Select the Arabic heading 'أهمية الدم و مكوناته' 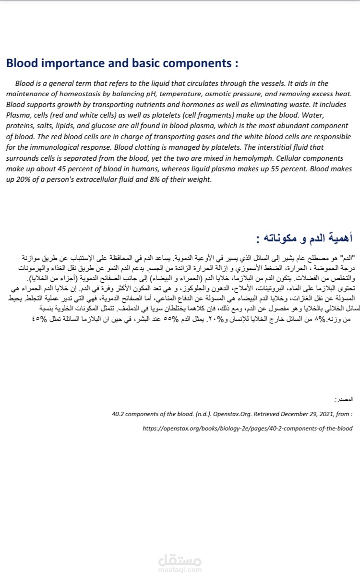[x=302, y=238]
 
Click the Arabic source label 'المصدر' [x=343, y=399]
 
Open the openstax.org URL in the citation [x=247, y=428]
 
